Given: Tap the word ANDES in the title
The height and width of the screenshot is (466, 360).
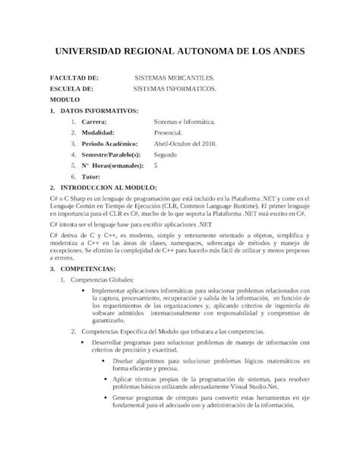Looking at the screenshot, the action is tap(283, 52).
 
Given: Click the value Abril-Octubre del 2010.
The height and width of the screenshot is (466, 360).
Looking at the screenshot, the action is tap(185, 143).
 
